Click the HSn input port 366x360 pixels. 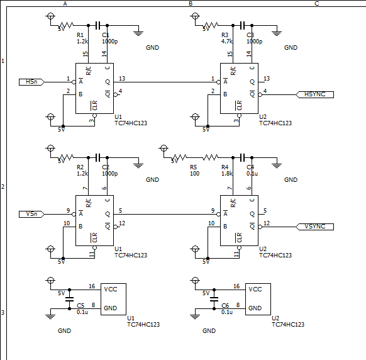(x=31, y=82)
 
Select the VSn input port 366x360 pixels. (x=31, y=214)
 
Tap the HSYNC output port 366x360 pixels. (x=314, y=94)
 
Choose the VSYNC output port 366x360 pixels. (x=314, y=227)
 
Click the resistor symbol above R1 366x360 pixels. (x=66, y=25)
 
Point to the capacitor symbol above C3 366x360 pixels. (x=243, y=25)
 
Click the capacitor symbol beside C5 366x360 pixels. (x=69, y=299)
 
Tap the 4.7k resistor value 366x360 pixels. (x=226, y=42)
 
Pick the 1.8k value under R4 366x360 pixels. (x=226, y=174)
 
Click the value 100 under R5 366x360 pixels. (x=195, y=174)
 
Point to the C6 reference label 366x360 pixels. (x=225, y=306)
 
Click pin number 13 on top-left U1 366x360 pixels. (x=122, y=79)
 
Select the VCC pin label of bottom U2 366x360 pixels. (x=255, y=290)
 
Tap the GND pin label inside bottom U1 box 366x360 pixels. (x=110, y=308)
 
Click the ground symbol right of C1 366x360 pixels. (x=138, y=33)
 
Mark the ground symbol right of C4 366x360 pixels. (x=277, y=166)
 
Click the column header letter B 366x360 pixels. (x=191, y=4)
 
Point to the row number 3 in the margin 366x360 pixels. (x=3, y=313)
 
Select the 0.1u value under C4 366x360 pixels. (x=252, y=174)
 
